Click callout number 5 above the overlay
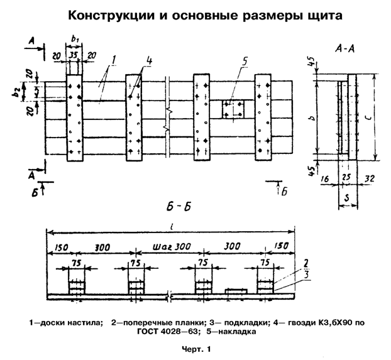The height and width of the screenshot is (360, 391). (245, 61)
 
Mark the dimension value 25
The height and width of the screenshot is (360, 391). (348, 179)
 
